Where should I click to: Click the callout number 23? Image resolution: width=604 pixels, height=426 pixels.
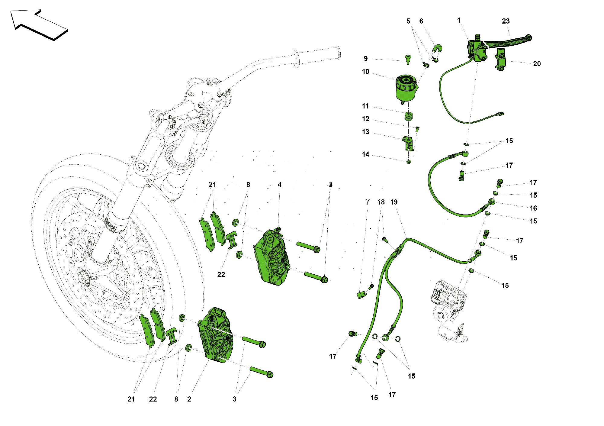click(506, 21)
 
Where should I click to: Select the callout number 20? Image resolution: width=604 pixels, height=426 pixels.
click(537, 64)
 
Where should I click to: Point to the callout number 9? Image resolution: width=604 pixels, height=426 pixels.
click(366, 59)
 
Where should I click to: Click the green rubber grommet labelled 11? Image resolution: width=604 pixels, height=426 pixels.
click(409, 116)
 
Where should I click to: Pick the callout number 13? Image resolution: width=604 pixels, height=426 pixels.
click(365, 132)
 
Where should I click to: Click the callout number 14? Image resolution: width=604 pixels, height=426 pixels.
click(365, 155)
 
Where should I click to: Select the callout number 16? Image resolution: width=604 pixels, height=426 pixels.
click(533, 208)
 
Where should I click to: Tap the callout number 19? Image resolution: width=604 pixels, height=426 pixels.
click(394, 202)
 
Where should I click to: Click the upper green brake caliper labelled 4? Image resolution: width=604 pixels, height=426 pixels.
click(272, 258)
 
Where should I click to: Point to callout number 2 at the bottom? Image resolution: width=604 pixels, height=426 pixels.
click(189, 399)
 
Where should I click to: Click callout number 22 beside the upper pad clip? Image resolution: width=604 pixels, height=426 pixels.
click(221, 275)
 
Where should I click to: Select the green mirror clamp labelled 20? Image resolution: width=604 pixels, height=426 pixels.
click(500, 59)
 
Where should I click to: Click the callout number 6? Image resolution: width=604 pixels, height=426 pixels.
click(421, 21)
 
